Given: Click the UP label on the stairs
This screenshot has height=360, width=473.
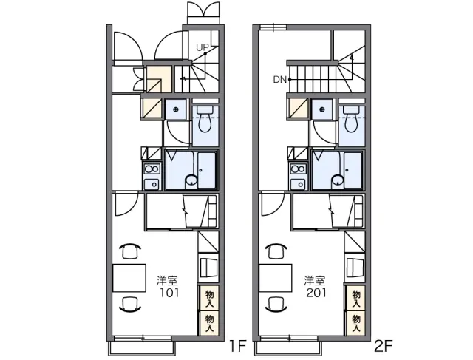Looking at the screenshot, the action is tap(202, 47).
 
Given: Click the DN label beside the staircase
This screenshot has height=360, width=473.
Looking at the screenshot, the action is tap(279, 80).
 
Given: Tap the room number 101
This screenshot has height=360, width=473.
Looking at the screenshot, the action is tap(169, 293).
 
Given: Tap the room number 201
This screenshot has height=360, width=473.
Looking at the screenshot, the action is tap(316, 293).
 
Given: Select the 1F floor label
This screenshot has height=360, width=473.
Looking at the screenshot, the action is tap(238, 346).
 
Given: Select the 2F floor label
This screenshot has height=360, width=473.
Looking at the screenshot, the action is tap(383, 346).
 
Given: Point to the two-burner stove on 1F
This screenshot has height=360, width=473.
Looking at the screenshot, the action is tap(152, 169).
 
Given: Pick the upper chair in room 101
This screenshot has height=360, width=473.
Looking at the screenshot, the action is tap(130, 251).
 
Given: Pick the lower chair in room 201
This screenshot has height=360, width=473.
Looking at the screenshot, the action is tap(276, 304).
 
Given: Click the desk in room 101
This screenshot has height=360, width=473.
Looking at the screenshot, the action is tap(129, 278).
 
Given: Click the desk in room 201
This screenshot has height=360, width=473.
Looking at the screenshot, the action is tap(276, 278).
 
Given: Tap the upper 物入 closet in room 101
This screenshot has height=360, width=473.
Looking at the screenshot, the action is tap(209, 299).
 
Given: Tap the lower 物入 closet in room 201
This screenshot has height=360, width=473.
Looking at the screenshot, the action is tap(356, 323).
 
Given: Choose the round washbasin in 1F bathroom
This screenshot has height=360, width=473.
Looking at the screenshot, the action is tap(191, 181).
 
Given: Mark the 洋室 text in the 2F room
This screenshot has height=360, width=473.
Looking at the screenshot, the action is tap(315, 281).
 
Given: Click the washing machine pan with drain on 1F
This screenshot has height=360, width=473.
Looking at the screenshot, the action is tap(176, 109).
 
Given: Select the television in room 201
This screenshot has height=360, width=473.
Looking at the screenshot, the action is tap(353, 267).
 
